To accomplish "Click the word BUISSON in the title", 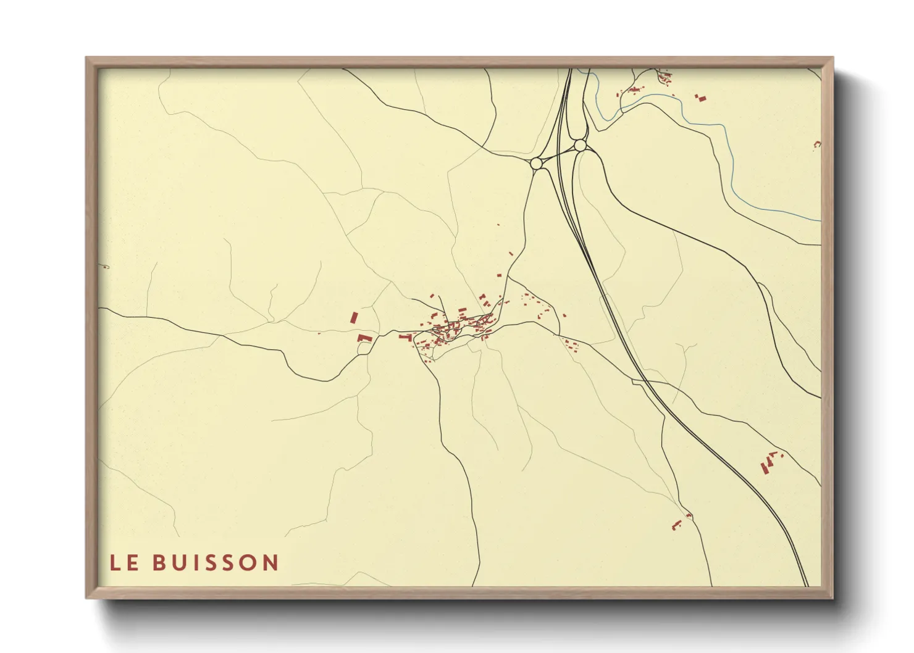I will coord(216,563).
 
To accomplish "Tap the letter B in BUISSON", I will coord(159,563).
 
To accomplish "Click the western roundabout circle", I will coord(536,163).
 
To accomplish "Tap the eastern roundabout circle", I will coord(579,145).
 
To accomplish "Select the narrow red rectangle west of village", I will coord(354,317).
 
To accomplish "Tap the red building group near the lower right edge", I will coord(768,462).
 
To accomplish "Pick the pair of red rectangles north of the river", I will coord(700,97).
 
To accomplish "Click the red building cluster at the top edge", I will coord(665,78).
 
